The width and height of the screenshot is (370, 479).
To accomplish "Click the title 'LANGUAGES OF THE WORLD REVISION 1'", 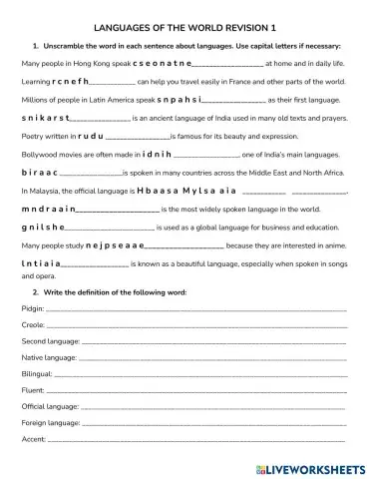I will [185, 30].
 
